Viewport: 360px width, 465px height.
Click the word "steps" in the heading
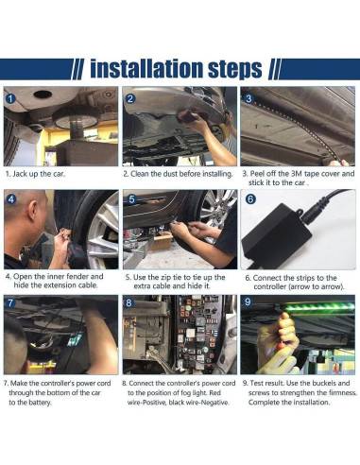click(x=235, y=70)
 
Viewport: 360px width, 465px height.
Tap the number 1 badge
click(x=10, y=99)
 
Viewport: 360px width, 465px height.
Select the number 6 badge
click(x=250, y=199)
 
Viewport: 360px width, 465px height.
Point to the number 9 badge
click(x=248, y=301)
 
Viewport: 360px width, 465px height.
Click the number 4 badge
click(x=11, y=199)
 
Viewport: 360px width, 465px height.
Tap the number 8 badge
click(x=129, y=303)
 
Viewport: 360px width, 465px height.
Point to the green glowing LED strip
click(x=319, y=306)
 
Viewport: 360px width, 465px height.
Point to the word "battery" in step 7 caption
click(x=39, y=403)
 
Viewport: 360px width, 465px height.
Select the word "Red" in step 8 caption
click(x=215, y=393)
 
